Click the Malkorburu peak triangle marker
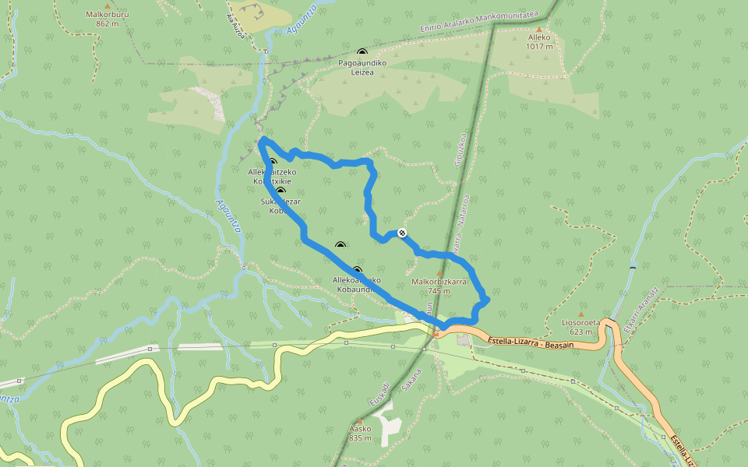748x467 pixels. [x=108, y=7]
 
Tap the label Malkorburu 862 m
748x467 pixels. [x=107, y=19]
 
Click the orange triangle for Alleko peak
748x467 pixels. [x=538, y=30]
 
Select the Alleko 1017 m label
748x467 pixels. [x=538, y=41]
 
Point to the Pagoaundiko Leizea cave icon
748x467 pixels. [x=362, y=52]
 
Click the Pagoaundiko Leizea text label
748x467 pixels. [x=356, y=67]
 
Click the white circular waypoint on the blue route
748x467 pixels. [x=402, y=232]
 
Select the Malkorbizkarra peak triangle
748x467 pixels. [x=439, y=273]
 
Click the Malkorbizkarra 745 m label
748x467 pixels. [x=439, y=286]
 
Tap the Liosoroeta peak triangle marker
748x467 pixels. [x=580, y=314]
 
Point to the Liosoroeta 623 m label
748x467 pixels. [x=580, y=326]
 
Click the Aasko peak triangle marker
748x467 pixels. [x=360, y=420]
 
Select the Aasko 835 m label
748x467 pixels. [x=360, y=433]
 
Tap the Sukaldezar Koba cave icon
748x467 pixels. [x=280, y=191]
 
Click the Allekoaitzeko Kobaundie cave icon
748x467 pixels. [x=358, y=270]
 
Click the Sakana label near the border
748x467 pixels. [x=411, y=379]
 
